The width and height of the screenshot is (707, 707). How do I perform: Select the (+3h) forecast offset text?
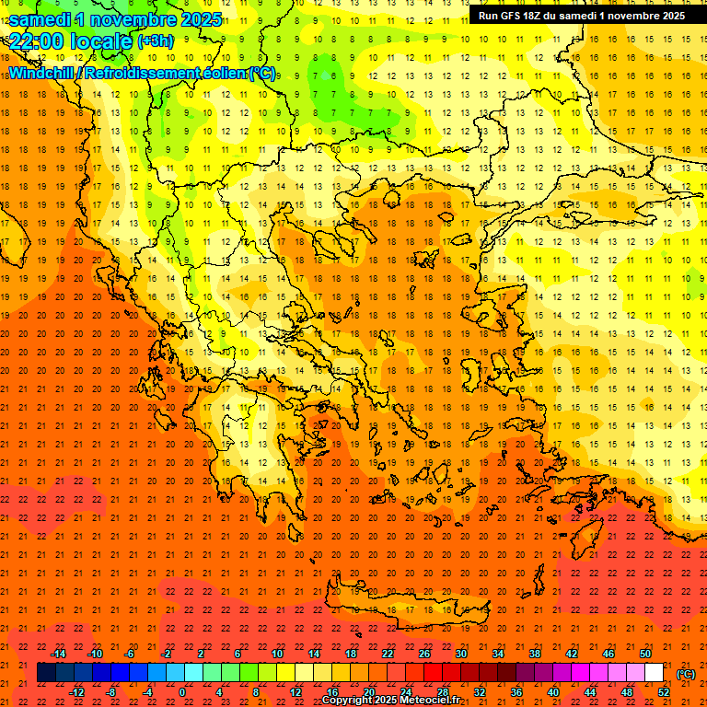click(154, 41)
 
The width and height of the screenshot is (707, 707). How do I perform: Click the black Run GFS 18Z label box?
click(580, 16)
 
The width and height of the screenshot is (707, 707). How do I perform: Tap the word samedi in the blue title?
click(41, 19)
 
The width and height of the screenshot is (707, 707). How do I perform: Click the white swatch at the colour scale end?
click(654, 673)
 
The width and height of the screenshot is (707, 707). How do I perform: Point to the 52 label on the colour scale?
click(664, 692)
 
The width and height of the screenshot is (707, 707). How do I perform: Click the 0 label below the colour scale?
click(183, 692)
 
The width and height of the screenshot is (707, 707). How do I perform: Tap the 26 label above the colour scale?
click(424, 654)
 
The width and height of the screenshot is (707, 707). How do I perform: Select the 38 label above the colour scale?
click(534, 654)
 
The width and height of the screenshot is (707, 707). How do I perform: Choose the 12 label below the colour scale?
click(296, 692)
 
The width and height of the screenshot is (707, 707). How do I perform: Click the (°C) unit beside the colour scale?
click(685, 674)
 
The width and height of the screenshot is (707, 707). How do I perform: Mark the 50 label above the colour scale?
click(644, 654)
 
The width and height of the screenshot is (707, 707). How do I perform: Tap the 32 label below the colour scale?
click(479, 692)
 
